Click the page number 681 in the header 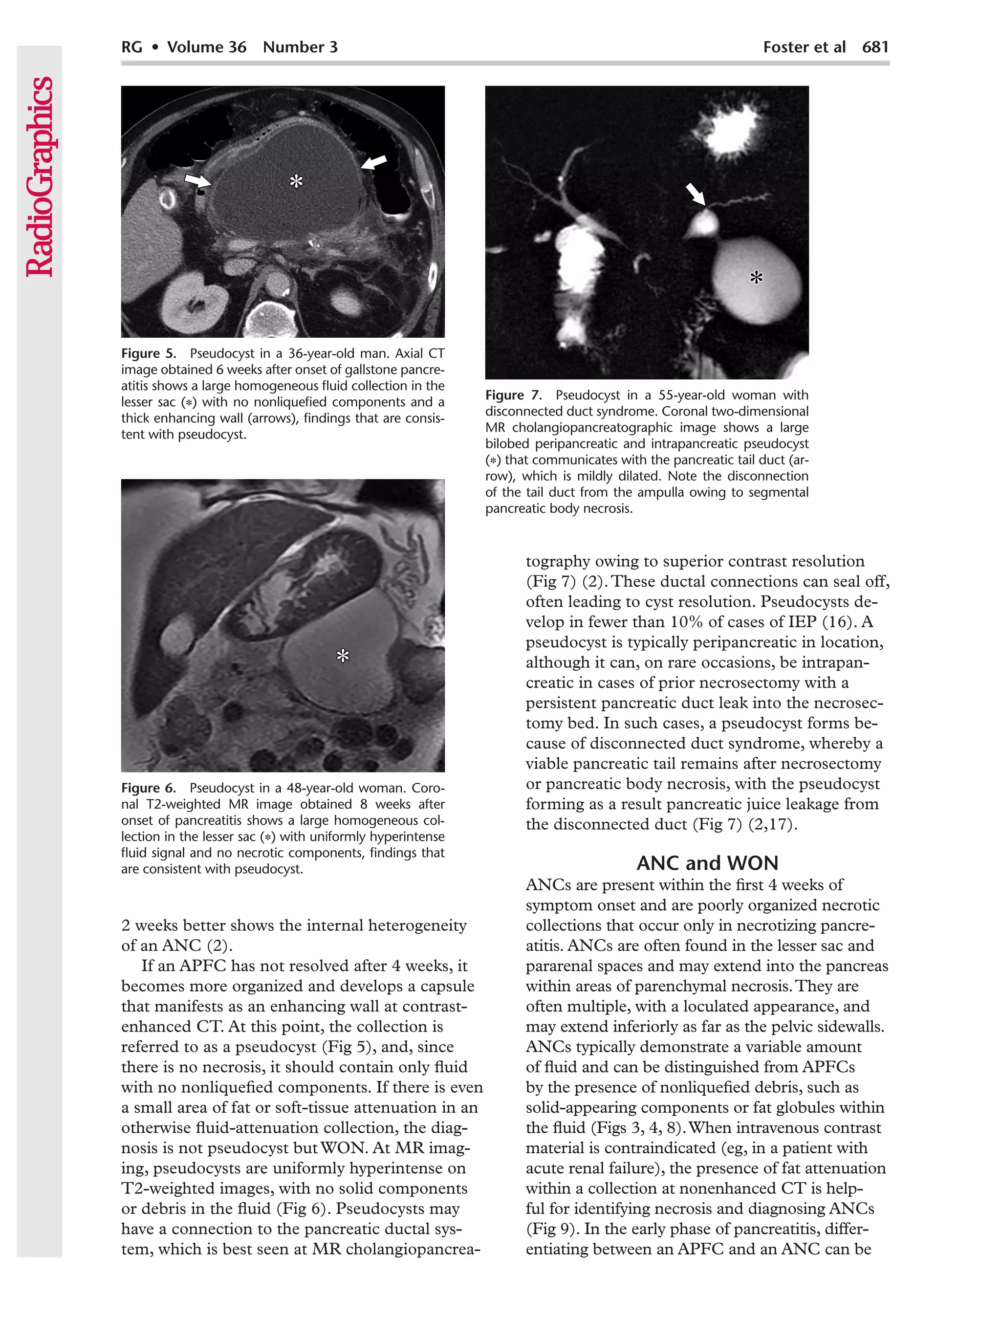pyautogui.click(x=874, y=46)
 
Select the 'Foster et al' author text pyautogui.click(x=804, y=46)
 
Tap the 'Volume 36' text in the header pyautogui.click(x=206, y=46)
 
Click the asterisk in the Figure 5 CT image pyautogui.click(x=296, y=181)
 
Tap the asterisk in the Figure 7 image pyautogui.click(x=756, y=278)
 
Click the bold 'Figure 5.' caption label pyautogui.click(x=148, y=353)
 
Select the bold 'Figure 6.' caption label pyautogui.click(x=148, y=788)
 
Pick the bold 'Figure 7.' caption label pyautogui.click(x=512, y=395)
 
